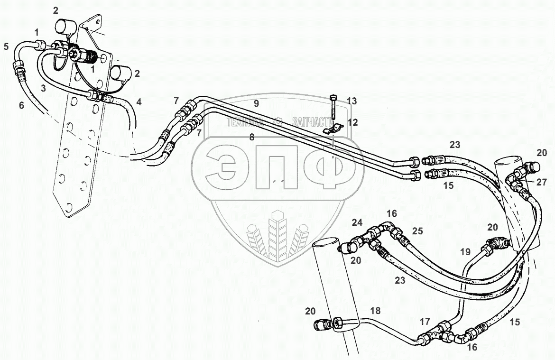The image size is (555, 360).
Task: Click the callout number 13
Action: (x=351, y=101)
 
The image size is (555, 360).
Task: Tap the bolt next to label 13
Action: (x=334, y=107)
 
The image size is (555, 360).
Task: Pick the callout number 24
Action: (x=357, y=222)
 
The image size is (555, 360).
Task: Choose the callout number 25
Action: (x=417, y=231)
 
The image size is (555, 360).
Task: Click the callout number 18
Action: (x=375, y=311)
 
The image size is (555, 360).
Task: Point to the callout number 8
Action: (x=252, y=137)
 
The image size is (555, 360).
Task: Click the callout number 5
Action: (x=6, y=46)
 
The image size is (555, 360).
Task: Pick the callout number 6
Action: (x=21, y=105)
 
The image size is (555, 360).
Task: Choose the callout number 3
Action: (x=43, y=88)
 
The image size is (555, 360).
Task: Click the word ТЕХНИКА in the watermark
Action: (x=245, y=122)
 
